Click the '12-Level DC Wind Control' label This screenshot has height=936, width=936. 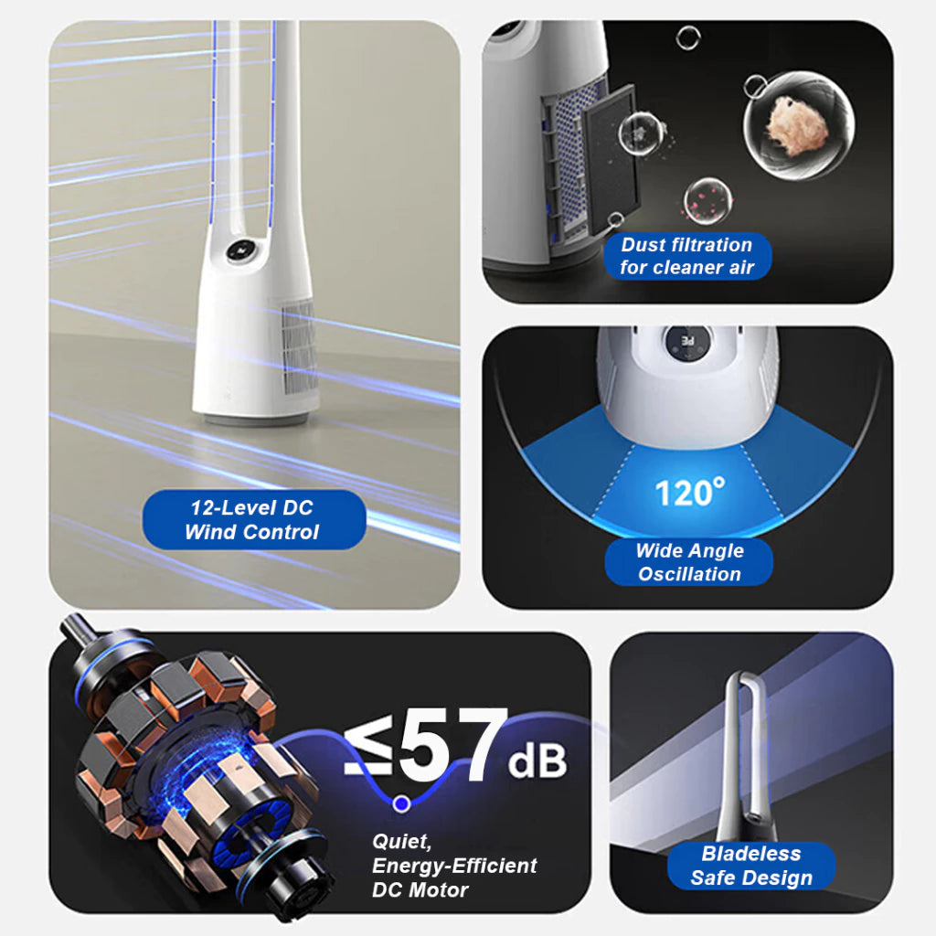coord(254,519)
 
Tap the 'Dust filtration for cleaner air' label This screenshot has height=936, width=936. coord(687,256)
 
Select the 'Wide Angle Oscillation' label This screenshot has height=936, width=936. coord(689,562)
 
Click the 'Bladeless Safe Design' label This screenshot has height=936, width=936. coord(751,866)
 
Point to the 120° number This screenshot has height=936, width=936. coord(689,493)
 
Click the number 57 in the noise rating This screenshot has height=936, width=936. coord(452,744)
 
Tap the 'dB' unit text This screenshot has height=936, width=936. coord(537,761)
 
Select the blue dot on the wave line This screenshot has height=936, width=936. coord(402,803)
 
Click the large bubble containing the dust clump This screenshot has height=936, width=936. coord(798,125)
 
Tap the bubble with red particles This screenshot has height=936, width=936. coord(708,201)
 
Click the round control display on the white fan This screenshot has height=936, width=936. coord(242,251)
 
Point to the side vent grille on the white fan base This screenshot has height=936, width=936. coord(299,346)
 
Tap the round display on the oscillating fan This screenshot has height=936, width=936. coord(687,343)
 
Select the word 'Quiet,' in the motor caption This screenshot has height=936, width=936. coord(401,842)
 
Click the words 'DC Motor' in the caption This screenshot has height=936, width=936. coord(420,890)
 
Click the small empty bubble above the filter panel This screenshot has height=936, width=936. coord(687,37)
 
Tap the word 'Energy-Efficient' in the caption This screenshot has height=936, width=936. coord(454,867)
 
